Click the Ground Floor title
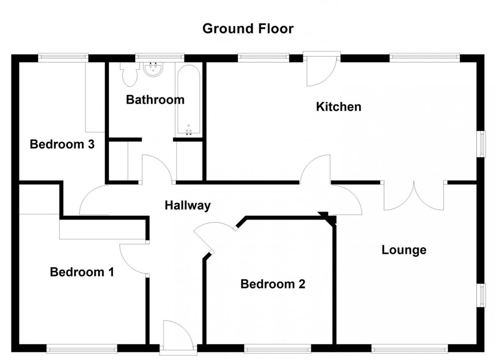tap(247, 28)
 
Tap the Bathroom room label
tap(155, 100)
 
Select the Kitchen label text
tap(339, 107)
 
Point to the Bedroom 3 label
tap(62, 145)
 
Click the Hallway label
tap(187, 205)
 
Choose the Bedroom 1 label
tap(81, 273)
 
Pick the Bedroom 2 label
tap(273, 284)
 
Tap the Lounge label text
tap(404, 250)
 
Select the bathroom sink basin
tap(152, 70)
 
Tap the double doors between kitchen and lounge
tap(414, 196)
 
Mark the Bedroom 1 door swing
tap(133, 258)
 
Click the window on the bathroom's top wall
tap(159, 57)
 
